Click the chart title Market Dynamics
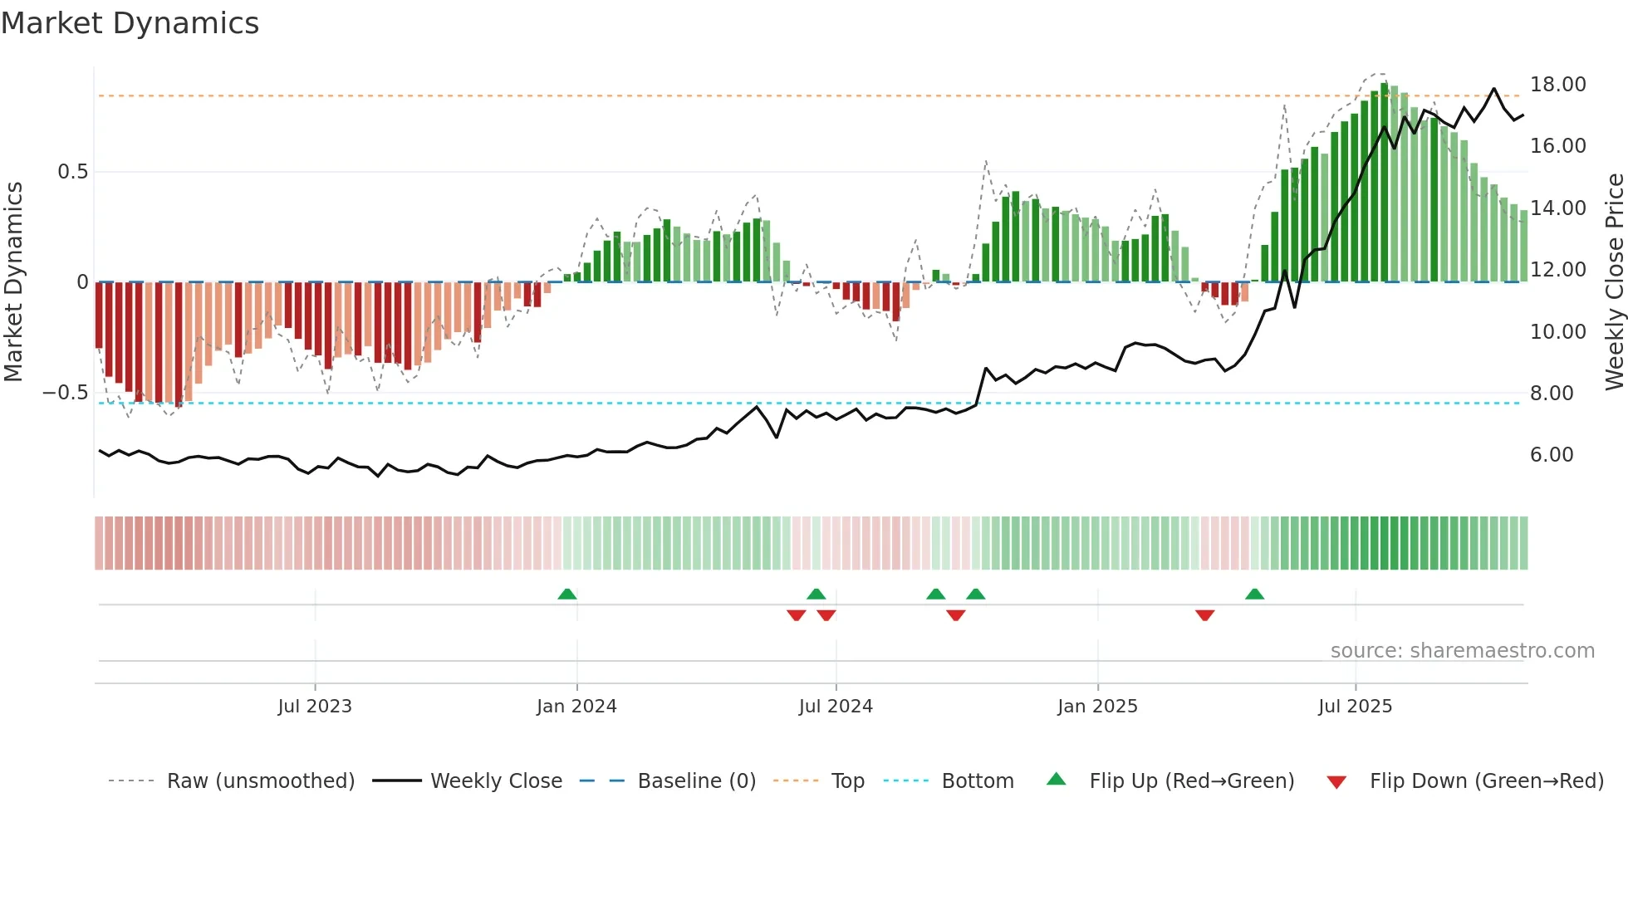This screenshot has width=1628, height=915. tap(130, 23)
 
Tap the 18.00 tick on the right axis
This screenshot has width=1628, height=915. tap(1557, 85)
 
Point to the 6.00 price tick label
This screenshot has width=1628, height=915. tap(1552, 455)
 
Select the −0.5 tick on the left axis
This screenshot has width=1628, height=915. tap(65, 393)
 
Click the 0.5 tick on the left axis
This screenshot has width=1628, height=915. tap(72, 172)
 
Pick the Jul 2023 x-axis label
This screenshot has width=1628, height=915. tap(315, 707)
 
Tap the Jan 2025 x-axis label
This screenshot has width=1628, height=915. tap(1097, 707)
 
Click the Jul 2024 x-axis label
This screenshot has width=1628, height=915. tap(836, 707)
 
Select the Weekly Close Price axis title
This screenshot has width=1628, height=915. tap(1614, 282)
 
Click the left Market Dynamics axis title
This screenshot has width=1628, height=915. tap(14, 282)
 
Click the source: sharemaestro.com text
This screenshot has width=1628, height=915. tap(1462, 651)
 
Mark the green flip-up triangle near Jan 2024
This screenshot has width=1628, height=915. tap(567, 595)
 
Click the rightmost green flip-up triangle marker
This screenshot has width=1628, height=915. tap(1254, 595)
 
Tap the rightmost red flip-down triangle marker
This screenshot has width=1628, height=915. tap(1204, 614)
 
